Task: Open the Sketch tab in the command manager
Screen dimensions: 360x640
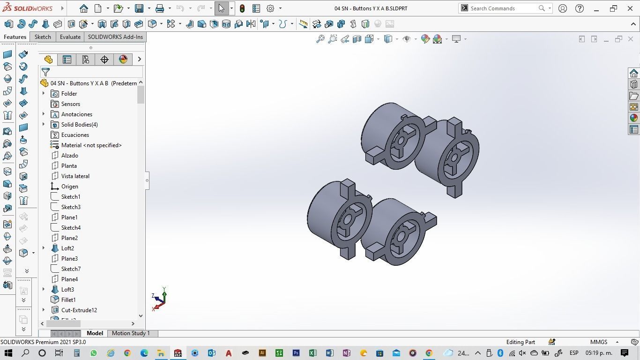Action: point(43,37)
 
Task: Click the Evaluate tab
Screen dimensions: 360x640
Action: point(70,37)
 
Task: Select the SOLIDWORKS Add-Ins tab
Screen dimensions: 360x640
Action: point(115,37)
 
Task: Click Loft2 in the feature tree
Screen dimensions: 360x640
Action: point(67,248)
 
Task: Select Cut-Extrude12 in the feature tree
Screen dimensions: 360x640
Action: point(79,310)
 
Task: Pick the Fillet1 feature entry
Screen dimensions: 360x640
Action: point(68,300)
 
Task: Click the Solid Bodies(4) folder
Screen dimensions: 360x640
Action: point(79,125)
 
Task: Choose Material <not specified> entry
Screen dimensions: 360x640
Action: point(91,145)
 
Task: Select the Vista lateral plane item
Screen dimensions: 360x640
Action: point(75,176)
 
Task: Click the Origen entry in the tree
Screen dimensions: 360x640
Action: point(69,187)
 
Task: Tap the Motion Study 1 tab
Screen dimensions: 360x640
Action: point(131,333)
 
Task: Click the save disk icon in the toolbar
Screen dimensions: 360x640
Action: point(139,8)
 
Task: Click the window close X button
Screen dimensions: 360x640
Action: point(630,8)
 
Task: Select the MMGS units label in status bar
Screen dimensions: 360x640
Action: point(599,342)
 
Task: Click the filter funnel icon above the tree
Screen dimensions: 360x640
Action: point(45,72)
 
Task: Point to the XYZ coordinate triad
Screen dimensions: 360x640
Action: point(159,299)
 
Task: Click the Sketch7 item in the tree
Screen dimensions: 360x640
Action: point(71,269)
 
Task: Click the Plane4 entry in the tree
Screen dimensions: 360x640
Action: point(69,279)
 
